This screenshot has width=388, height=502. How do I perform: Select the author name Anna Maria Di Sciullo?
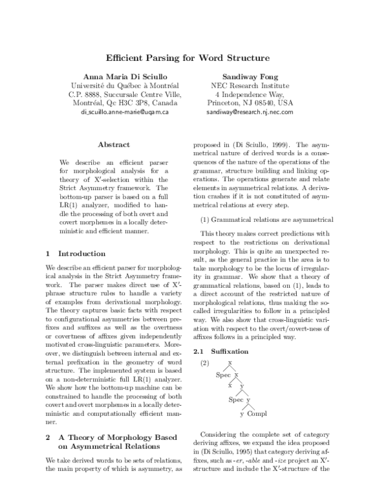[x=124, y=76]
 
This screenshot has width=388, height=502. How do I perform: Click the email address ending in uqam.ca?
[x=124, y=111]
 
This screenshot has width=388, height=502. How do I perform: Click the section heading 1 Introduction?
[x=70, y=253]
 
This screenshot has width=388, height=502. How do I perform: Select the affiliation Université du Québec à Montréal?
[x=124, y=85]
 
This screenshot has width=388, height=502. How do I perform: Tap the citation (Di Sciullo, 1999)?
[x=252, y=147]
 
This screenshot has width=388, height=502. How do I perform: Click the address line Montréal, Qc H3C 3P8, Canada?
[x=124, y=102]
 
